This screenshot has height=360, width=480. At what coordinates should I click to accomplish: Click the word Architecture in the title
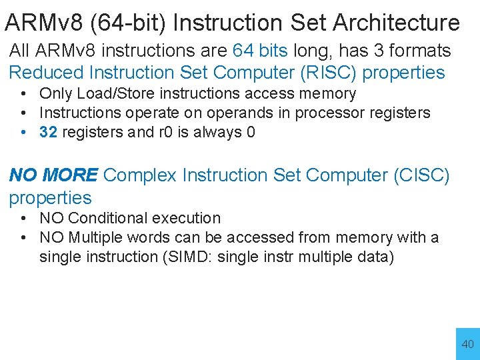[396, 23]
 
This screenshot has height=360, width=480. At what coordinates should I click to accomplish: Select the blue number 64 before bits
[242, 51]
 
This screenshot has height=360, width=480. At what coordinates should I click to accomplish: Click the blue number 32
[48, 132]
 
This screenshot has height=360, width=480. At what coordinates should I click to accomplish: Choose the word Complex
[141, 175]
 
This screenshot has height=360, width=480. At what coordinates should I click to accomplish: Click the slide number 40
[467, 345]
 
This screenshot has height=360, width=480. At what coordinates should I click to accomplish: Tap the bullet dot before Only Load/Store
[23, 94]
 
